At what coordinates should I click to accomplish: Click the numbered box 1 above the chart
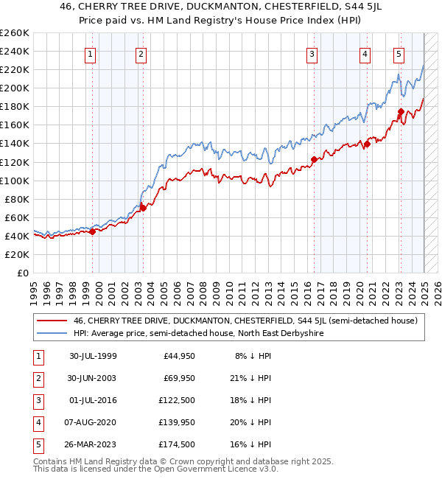(x=89, y=53)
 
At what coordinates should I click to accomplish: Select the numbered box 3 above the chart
(x=312, y=53)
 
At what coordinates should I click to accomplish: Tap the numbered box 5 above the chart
(x=399, y=53)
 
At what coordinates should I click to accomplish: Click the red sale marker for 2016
(x=314, y=159)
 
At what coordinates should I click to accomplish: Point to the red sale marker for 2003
(x=144, y=208)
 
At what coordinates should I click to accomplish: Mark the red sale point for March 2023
(x=401, y=111)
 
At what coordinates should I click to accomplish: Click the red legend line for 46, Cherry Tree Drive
(x=52, y=321)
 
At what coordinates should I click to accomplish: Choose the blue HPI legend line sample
(x=52, y=333)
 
